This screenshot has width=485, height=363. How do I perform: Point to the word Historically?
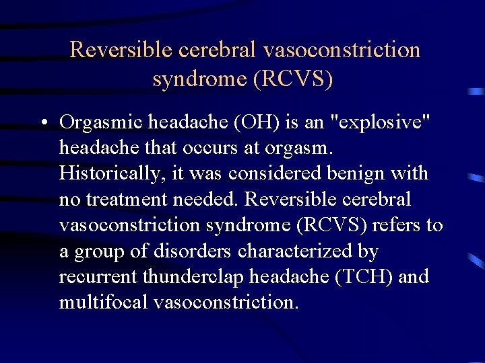[111, 173]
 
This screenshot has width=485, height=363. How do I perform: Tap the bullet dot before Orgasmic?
[42, 123]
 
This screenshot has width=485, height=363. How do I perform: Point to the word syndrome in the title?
[199, 79]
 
